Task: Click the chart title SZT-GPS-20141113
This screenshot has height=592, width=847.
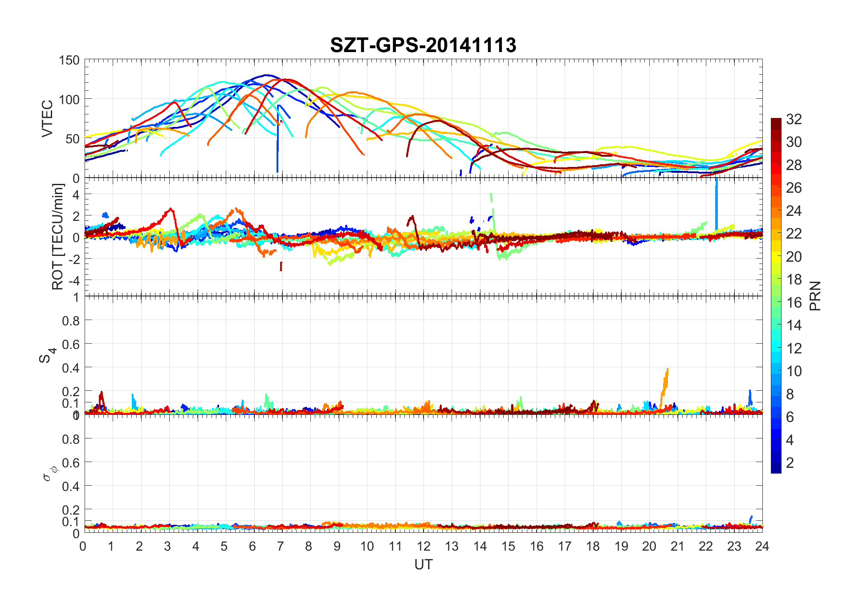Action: coord(423,45)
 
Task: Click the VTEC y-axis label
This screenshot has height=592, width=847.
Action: coord(47,118)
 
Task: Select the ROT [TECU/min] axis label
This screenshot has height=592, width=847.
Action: coord(58,236)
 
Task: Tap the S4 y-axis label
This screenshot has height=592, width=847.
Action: coord(47,355)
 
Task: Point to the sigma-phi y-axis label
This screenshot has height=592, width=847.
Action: coord(48,473)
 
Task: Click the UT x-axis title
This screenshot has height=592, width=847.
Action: coord(423,565)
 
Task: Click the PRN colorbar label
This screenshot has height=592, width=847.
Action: coord(815,296)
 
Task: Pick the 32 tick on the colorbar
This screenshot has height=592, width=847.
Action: coord(794,119)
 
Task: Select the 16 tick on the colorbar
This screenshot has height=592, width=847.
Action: coord(794,303)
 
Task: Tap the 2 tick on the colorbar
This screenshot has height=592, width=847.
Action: coord(790,463)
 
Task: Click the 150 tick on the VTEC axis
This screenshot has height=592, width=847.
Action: coord(69,61)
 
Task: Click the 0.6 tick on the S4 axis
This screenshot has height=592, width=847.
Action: coord(71,344)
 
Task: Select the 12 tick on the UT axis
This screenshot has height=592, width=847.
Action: coord(423,546)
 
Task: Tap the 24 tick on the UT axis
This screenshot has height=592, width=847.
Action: coord(762,546)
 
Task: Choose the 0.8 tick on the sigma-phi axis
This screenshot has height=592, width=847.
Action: coord(71,439)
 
